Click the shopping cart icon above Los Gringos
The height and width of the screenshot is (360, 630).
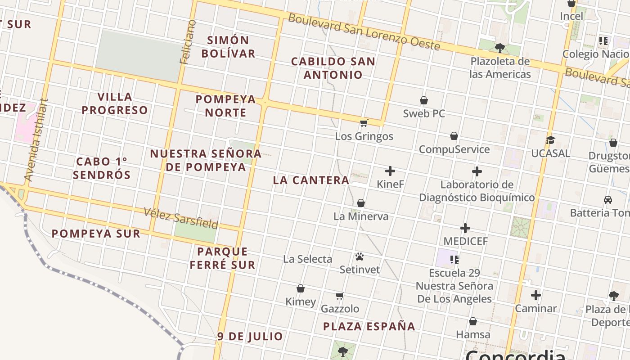(x=364, y=123)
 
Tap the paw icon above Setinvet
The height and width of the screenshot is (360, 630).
(x=359, y=256)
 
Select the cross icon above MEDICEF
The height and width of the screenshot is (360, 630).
(x=465, y=228)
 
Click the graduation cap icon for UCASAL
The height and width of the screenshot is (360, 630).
(x=550, y=140)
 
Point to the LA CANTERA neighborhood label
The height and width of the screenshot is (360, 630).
(x=311, y=180)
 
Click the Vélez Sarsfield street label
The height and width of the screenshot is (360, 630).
(x=181, y=218)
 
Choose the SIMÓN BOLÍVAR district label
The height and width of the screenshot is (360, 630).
(x=228, y=47)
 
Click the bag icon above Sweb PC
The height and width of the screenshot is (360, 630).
(x=423, y=100)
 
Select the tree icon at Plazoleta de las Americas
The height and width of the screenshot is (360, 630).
(x=499, y=48)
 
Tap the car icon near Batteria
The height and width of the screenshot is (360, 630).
(x=607, y=199)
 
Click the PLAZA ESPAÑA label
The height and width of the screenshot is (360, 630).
(x=369, y=326)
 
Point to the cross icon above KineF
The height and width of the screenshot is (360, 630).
(x=390, y=171)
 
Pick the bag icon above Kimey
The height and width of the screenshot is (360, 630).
(x=301, y=288)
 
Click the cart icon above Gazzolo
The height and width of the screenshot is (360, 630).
(x=340, y=296)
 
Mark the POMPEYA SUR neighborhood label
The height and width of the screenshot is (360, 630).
(x=96, y=234)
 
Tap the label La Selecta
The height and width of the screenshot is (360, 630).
(x=308, y=259)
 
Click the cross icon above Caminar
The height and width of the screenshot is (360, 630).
(x=535, y=295)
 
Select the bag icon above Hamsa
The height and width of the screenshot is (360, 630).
(x=473, y=321)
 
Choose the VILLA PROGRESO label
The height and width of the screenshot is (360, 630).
(x=115, y=103)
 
